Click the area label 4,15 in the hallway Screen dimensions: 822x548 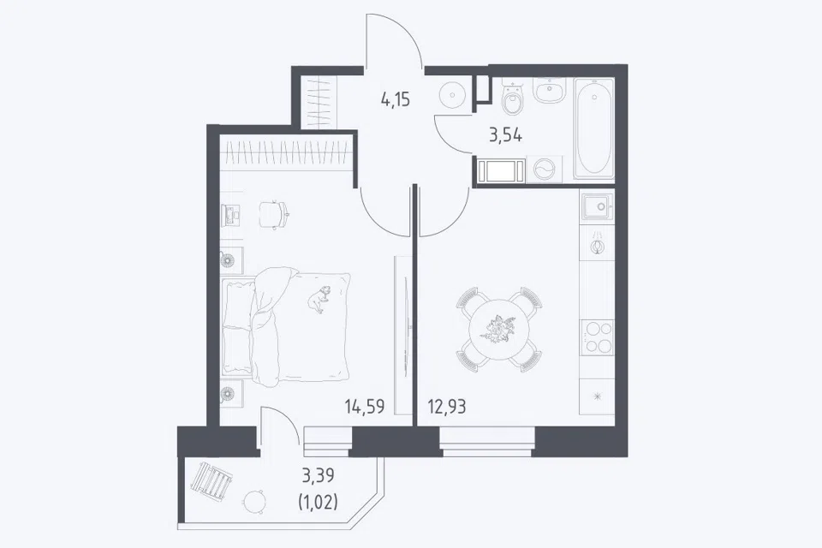(x=396, y=99)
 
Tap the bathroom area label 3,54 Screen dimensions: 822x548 (x=506, y=136)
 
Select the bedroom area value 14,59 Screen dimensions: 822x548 (x=365, y=407)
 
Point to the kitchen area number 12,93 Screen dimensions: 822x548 (x=447, y=407)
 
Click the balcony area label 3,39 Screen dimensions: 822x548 (x=318, y=476)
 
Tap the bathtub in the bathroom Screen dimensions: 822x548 (x=593, y=128)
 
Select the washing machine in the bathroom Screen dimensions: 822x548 (x=545, y=170)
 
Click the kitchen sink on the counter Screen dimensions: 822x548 (x=597, y=206)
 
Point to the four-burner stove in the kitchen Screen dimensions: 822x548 (x=597, y=337)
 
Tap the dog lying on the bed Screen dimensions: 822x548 (x=319, y=300)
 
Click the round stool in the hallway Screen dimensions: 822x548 (x=450, y=96)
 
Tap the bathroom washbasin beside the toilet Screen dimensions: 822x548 (x=549, y=90)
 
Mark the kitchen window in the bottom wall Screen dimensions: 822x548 (x=487, y=440)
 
